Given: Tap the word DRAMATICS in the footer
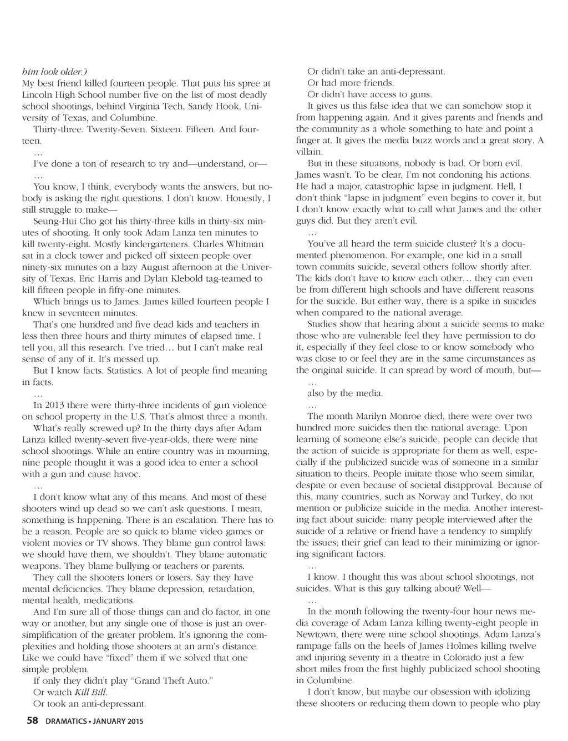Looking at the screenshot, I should [65, 722].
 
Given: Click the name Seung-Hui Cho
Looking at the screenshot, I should [65, 221].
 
